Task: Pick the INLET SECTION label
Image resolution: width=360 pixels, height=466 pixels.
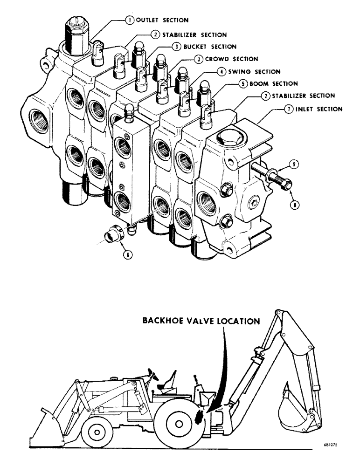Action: (x=318, y=109)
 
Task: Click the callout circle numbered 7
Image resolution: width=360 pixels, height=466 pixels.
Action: (x=286, y=109)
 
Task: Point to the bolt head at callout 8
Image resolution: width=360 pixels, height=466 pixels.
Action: (x=287, y=185)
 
